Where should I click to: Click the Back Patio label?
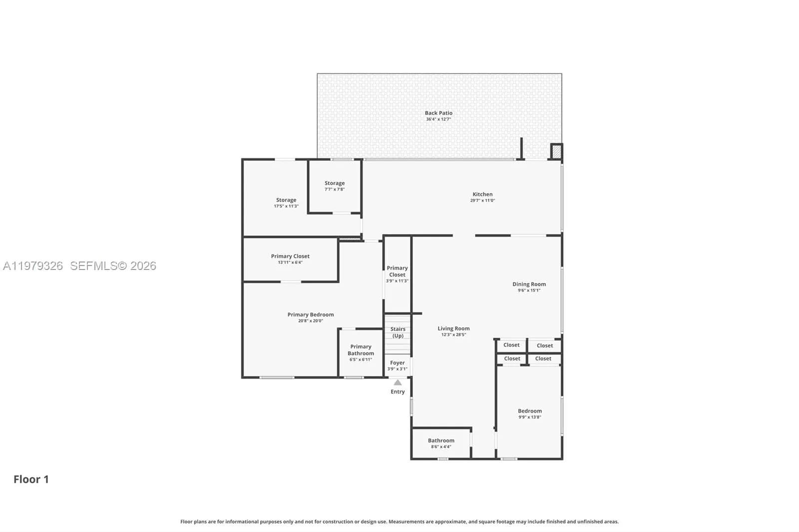438,113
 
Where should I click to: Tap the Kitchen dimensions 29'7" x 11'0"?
482,201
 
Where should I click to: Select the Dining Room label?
529,284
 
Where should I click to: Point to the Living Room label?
453,329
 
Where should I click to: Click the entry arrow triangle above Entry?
398,383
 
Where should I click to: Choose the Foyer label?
398,363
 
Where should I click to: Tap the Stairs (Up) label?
398,332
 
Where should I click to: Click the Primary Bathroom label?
361,350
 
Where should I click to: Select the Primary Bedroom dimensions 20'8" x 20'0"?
311,321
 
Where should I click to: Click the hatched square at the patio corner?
556,151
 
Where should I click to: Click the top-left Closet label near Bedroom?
511,345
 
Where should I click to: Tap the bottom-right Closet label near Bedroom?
543,358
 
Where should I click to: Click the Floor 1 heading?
31,479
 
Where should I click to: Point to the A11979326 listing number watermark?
33,266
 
